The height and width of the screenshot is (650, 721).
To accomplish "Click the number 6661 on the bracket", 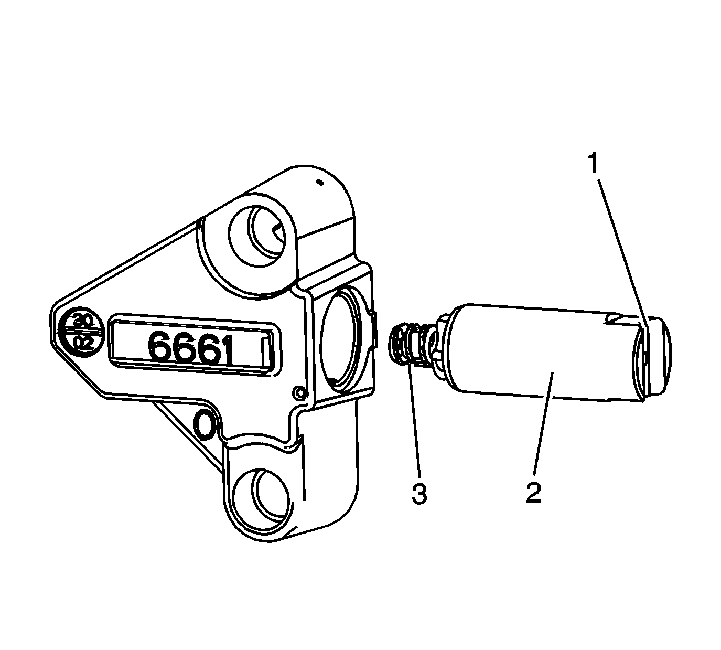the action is [190, 347].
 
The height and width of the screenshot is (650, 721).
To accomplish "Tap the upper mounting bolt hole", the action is [257, 237].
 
